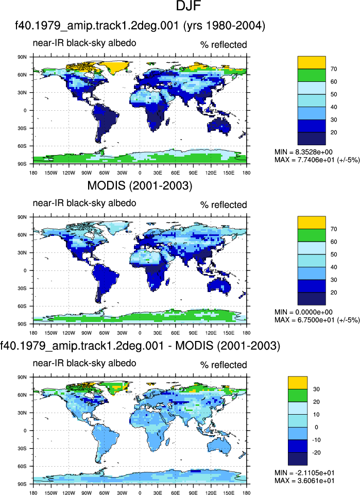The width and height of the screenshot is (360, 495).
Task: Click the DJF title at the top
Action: tap(188, 6)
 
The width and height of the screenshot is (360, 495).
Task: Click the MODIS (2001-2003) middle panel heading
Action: tap(140, 185)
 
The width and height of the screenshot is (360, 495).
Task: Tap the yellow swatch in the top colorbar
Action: tap(312, 62)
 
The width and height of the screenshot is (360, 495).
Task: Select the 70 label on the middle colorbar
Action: tap(334, 229)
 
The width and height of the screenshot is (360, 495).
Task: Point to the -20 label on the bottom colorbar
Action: tap(316, 453)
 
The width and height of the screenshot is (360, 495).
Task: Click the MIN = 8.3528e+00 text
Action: tap(303, 152)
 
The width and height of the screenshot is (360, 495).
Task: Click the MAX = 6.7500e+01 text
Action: tap(317, 320)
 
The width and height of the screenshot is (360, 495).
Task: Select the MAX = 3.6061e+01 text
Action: tap(304, 481)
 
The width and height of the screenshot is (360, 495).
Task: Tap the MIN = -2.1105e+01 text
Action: tap(304, 473)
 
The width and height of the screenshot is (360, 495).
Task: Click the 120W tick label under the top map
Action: tap(68, 173)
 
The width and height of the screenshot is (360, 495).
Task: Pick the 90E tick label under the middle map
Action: tap(193, 333)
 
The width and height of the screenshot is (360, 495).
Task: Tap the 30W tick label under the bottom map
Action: tap(122, 493)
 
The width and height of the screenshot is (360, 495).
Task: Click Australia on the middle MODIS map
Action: tap(219, 286)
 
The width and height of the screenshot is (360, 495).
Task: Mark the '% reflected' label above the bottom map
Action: tap(224, 365)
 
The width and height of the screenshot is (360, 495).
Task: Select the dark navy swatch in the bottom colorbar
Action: tap(298, 459)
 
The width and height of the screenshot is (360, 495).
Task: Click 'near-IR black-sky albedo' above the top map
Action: tap(84, 43)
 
